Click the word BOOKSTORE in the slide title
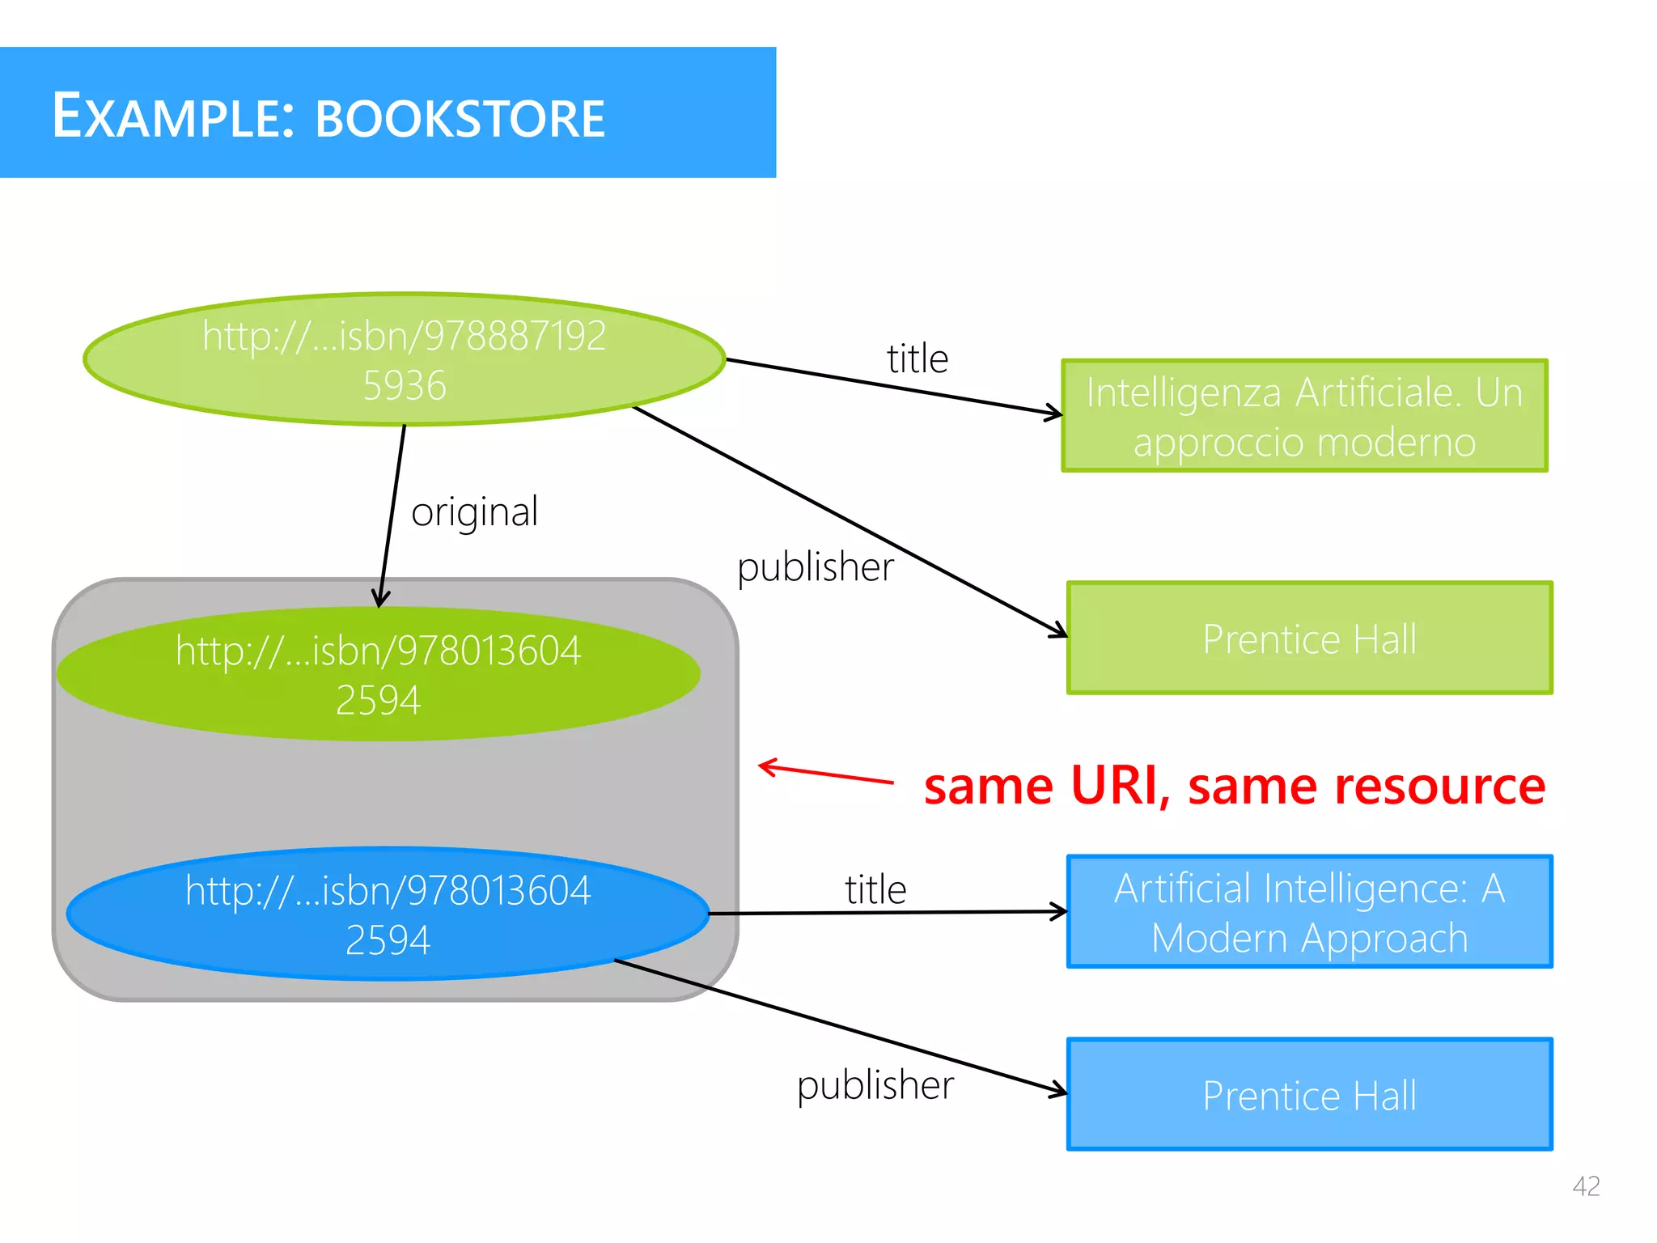click(x=460, y=119)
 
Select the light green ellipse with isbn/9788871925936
click(x=404, y=359)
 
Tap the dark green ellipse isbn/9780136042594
click(x=378, y=674)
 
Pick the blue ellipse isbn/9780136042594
click(x=388, y=914)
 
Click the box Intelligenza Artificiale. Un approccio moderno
click(x=1304, y=416)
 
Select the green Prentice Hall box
click(x=1309, y=638)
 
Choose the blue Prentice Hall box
click(x=1309, y=1095)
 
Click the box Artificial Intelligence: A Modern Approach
click(x=1309, y=912)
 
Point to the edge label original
click(x=474, y=512)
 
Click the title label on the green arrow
click(x=917, y=358)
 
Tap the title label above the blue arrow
click(x=875, y=889)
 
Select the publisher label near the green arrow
click(x=815, y=566)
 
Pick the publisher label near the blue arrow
click(x=875, y=1085)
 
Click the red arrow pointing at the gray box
click(x=825, y=773)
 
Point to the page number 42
click(x=1586, y=1186)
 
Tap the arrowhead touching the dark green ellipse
click(x=380, y=600)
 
